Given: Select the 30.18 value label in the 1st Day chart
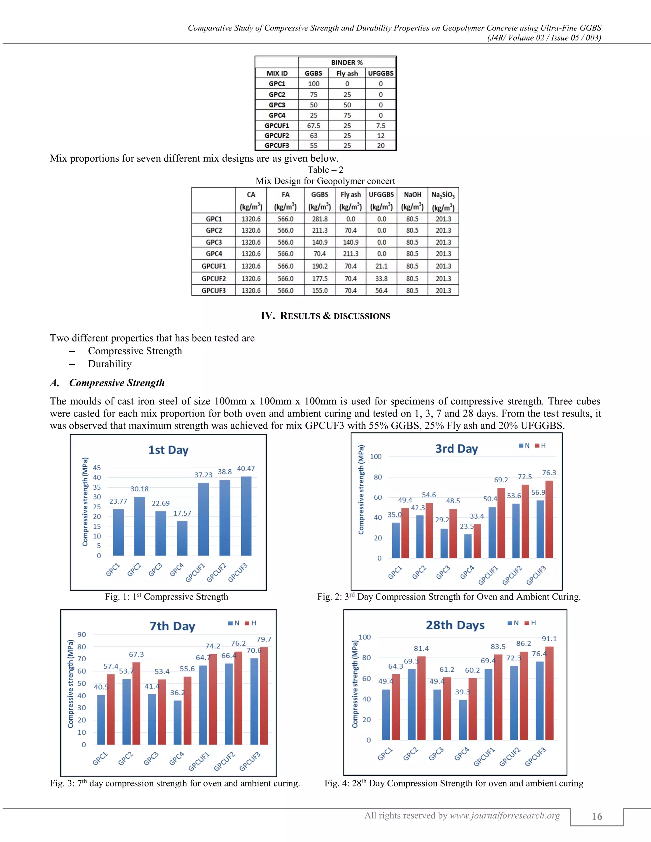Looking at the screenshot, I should (139, 489).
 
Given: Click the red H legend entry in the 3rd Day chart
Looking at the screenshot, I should (540, 446).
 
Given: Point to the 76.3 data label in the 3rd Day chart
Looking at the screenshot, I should (549, 473).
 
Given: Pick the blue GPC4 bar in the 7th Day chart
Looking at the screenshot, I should (177, 722).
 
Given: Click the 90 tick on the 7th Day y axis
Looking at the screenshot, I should (82, 635).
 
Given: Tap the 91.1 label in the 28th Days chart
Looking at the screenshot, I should (549, 639).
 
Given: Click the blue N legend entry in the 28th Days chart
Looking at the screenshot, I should (513, 623).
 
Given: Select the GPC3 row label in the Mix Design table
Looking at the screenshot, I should (214, 242).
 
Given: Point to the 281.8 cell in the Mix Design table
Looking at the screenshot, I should (319, 219).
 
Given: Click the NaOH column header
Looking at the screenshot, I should (412, 195).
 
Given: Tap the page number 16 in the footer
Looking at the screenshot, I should (597, 817).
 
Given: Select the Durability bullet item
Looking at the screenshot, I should (110, 364).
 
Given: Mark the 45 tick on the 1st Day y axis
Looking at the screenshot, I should (97, 468).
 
